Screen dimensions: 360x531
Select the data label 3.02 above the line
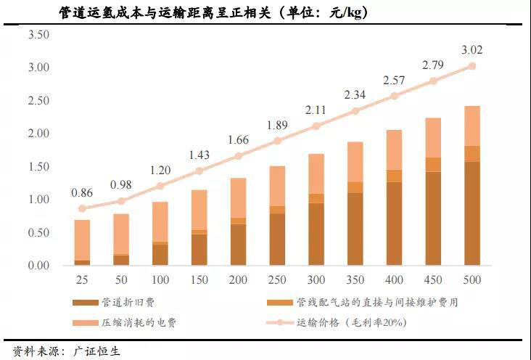[472, 50]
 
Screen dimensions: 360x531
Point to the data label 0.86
[82, 193]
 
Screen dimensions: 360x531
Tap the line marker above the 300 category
[316, 126]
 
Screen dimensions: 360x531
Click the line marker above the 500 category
[472, 66]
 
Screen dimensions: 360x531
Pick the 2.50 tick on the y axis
[38, 100]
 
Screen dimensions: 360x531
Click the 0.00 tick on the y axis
[38, 266]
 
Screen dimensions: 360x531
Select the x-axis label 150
[199, 279]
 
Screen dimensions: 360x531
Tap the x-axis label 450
[432, 279]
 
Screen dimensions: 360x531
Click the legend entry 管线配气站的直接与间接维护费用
[377, 302]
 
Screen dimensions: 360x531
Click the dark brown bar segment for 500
[472, 213]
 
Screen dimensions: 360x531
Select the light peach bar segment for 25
[82, 240]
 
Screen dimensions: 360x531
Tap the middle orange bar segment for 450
[432, 165]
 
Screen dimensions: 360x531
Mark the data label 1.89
[276, 124]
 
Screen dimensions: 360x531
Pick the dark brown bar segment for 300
[316, 234]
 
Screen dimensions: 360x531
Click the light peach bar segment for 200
[238, 197]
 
